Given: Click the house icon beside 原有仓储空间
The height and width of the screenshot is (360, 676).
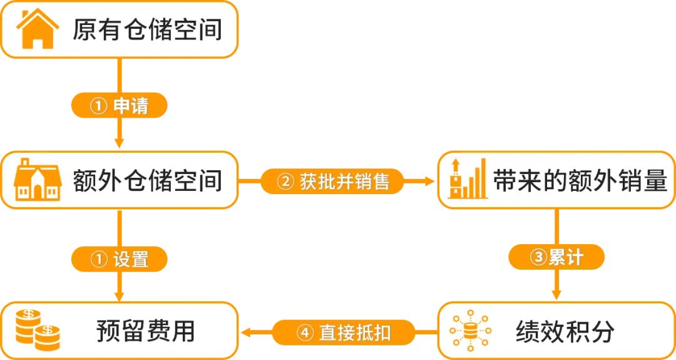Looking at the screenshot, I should point(37,29).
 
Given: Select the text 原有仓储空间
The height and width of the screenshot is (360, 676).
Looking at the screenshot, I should point(147,30).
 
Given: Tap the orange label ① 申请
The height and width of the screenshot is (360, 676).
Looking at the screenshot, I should point(119,106).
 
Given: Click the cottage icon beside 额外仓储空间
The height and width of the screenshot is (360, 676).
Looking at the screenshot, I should point(37,180).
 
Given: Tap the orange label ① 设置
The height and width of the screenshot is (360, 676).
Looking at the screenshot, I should point(119,258).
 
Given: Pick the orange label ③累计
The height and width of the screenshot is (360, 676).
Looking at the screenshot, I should point(556,257).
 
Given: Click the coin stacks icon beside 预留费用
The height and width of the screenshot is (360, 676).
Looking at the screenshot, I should point(37,330).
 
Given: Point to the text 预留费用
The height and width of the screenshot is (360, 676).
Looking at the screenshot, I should point(145,331).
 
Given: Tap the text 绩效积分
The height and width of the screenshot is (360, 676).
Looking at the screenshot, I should point(565,331).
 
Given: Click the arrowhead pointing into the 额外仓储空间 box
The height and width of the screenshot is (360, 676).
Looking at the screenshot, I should point(119,142).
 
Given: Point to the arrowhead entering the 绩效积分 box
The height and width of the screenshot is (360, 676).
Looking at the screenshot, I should point(556,294).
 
